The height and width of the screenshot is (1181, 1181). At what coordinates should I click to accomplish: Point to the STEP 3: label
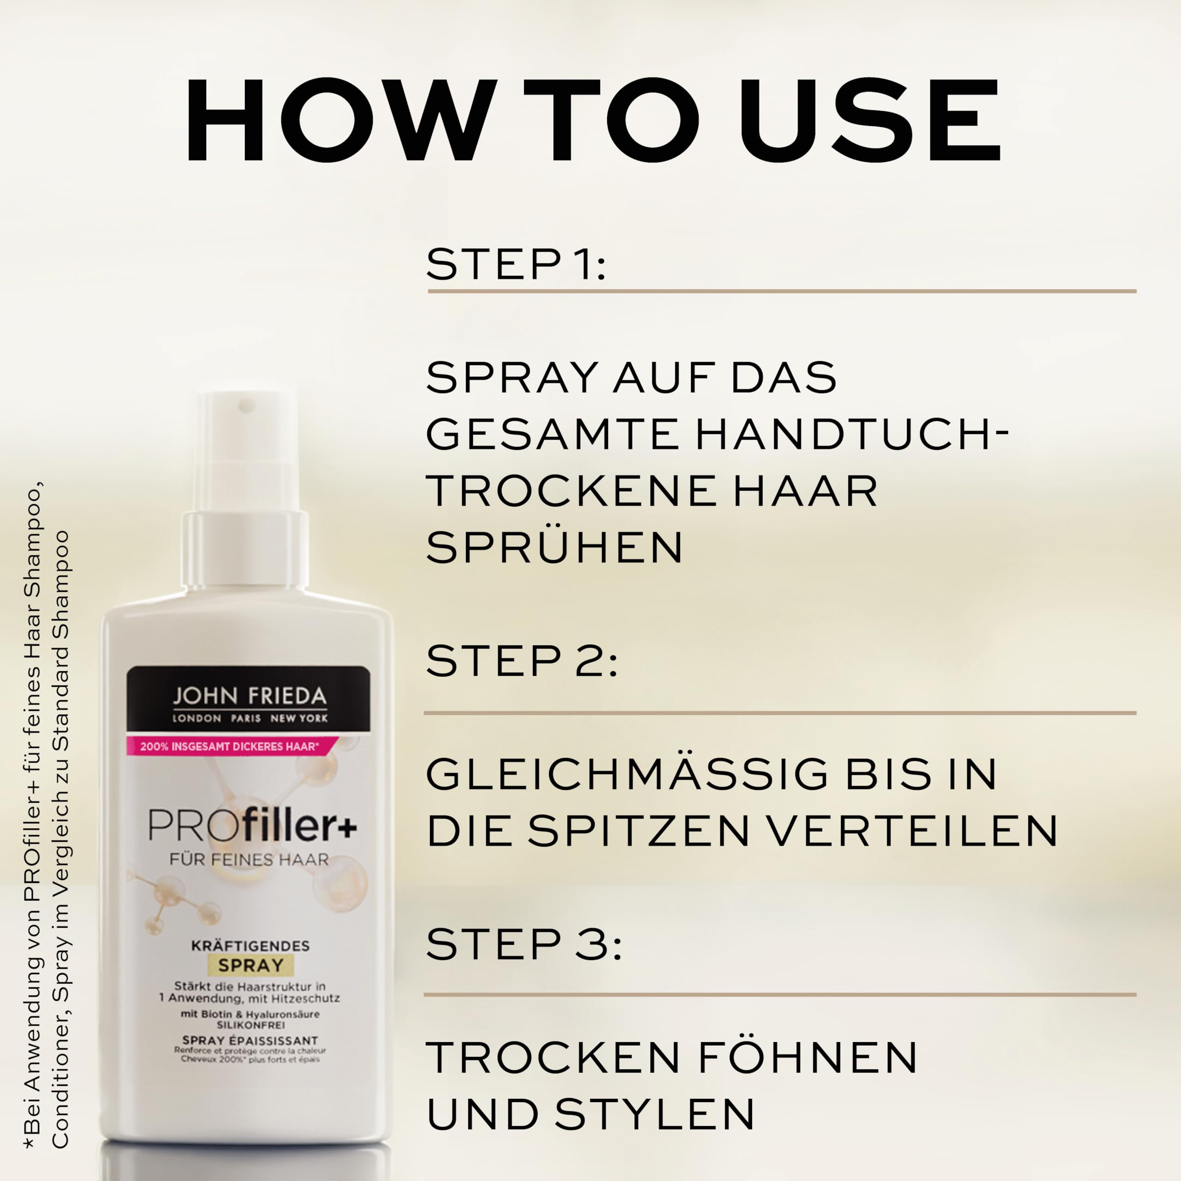523,944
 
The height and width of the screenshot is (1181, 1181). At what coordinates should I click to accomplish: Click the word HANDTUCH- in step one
852,434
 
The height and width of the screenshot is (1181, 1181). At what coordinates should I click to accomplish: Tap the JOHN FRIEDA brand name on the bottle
250,696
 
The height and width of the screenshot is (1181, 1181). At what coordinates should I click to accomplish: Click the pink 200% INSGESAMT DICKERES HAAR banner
230,746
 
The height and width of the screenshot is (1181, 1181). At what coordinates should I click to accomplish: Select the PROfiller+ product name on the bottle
252,826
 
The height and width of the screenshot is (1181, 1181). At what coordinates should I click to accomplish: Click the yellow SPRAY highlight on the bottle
251,966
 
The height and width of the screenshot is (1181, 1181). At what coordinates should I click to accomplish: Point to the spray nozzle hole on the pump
246,405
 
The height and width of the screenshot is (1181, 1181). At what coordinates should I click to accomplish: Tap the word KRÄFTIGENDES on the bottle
251,946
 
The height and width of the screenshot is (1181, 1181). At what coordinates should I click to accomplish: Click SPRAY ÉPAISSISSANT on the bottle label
250,1040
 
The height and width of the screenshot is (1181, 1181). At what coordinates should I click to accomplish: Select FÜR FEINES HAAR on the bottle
250,859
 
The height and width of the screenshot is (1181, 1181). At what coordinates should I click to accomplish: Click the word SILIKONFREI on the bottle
251,1025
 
